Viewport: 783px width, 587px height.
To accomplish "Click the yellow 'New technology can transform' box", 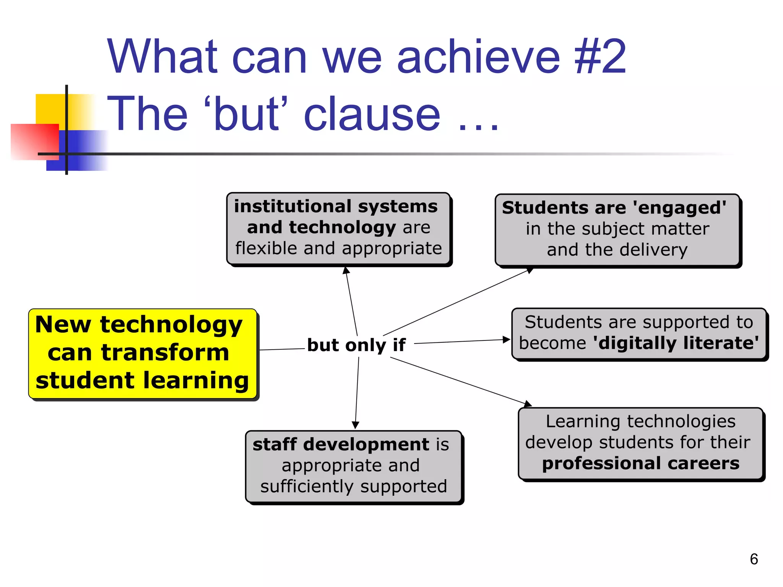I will (x=142, y=353).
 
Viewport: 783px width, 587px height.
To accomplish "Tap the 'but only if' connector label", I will (x=356, y=345).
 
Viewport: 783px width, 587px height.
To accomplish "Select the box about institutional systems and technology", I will (x=338, y=228).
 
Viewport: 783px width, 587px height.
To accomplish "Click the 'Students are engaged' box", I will (x=617, y=229).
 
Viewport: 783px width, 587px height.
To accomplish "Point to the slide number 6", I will (x=754, y=559).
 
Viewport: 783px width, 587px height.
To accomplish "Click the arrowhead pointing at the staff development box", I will (x=355, y=425).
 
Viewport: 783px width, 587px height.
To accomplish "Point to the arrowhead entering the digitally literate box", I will (x=506, y=339).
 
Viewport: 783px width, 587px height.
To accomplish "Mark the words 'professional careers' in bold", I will (x=640, y=463).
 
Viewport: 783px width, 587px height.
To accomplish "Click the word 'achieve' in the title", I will (x=478, y=57).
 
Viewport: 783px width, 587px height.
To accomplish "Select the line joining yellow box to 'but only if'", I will (x=282, y=349).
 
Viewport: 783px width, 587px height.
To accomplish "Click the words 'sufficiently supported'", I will (x=353, y=486).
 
